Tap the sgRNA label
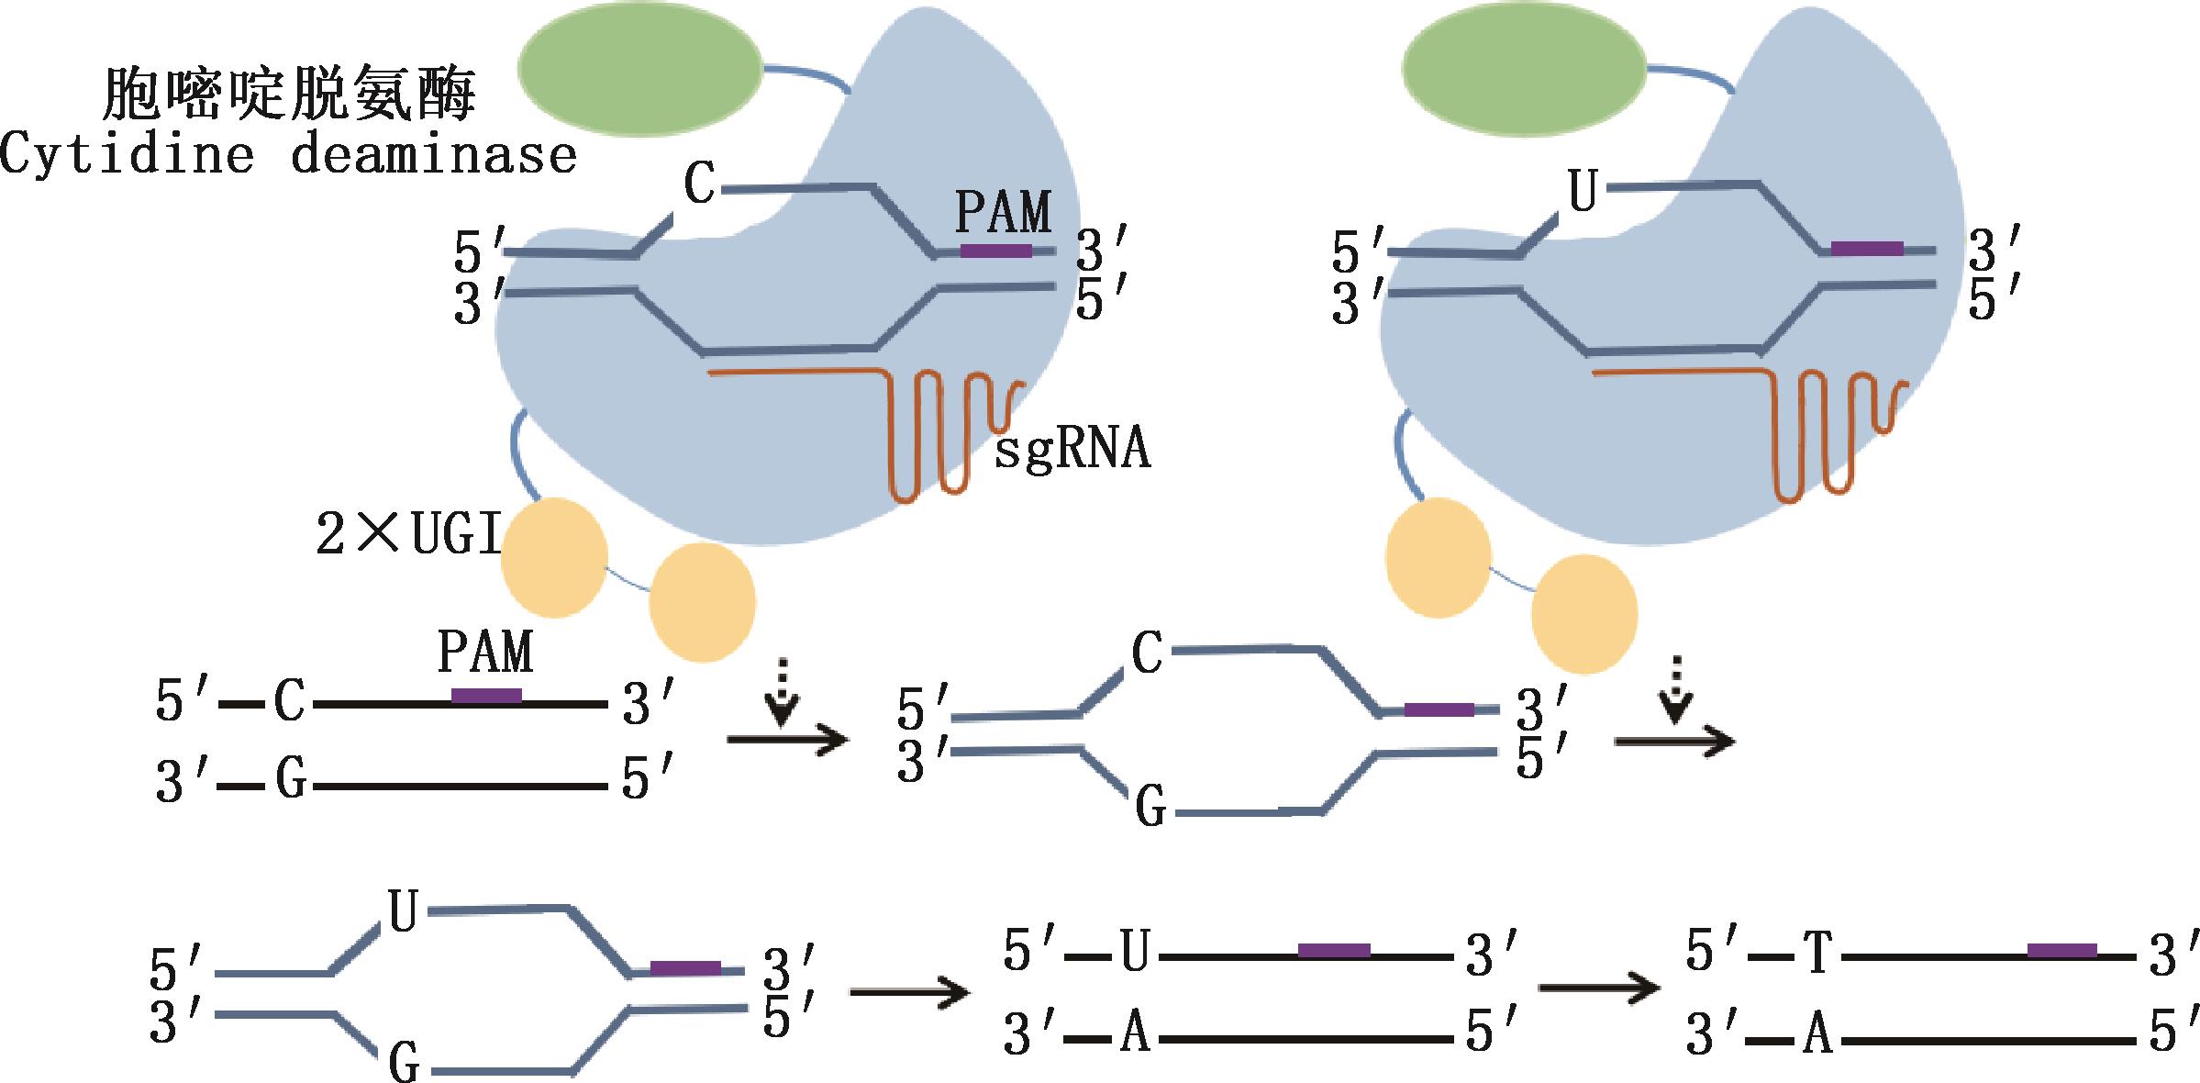(x=1072, y=450)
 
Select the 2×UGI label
(x=409, y=534)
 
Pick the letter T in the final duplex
(x=1818, y=953)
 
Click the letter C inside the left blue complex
(x=700, y=184)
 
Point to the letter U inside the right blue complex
(x=1583, y=193)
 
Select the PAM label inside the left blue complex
(x=1003, y=213)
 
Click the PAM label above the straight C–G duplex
(x=485, y=653)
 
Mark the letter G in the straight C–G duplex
(x=291, y=781)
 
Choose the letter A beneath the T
(x=1818, y=1034)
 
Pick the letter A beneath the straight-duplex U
(x=1135, y=1034)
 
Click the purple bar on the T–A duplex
(x=2061, y=951)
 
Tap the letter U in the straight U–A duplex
(x=1135, y=953)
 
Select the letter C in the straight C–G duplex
(x=289, y=702)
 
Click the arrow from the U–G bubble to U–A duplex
(x=908, y=992)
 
